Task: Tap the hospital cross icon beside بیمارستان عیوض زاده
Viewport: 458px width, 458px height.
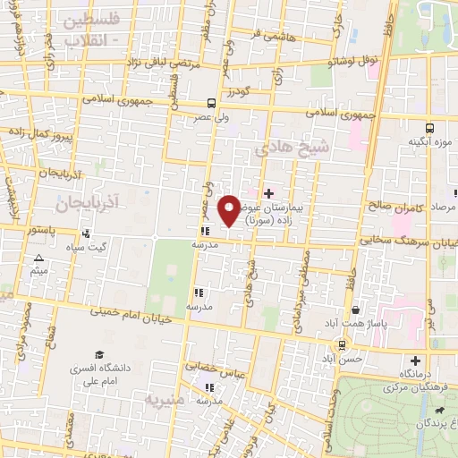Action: pos(269,193)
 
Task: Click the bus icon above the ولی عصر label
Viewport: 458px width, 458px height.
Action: pos(210,102)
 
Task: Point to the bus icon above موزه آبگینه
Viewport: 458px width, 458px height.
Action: pos(430,128)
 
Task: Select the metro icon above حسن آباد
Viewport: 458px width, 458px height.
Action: pos(342,344)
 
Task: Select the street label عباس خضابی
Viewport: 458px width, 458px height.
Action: pos(215,369)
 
